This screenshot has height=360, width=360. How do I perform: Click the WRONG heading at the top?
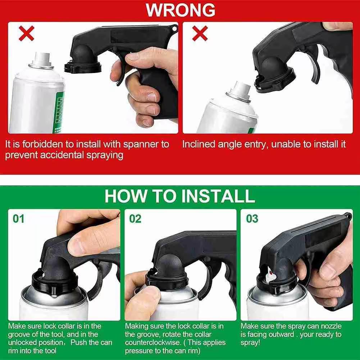tap(180, 10)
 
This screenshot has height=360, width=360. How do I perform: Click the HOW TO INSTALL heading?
tap(180, 196)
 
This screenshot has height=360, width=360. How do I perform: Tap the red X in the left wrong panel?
tap(26, 33)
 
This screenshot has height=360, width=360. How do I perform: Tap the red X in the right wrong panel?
tap(200, 33)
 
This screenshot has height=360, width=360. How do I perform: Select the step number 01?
tap(19, 219)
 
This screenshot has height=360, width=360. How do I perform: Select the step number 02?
tap(135, 219)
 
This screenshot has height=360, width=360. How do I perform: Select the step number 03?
tap(252, 219)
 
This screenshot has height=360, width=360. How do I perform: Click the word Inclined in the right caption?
tap(199, 145)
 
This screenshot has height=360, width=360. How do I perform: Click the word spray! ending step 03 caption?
tap(250, 342)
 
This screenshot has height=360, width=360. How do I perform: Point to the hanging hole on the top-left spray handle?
tap(174, 27)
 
